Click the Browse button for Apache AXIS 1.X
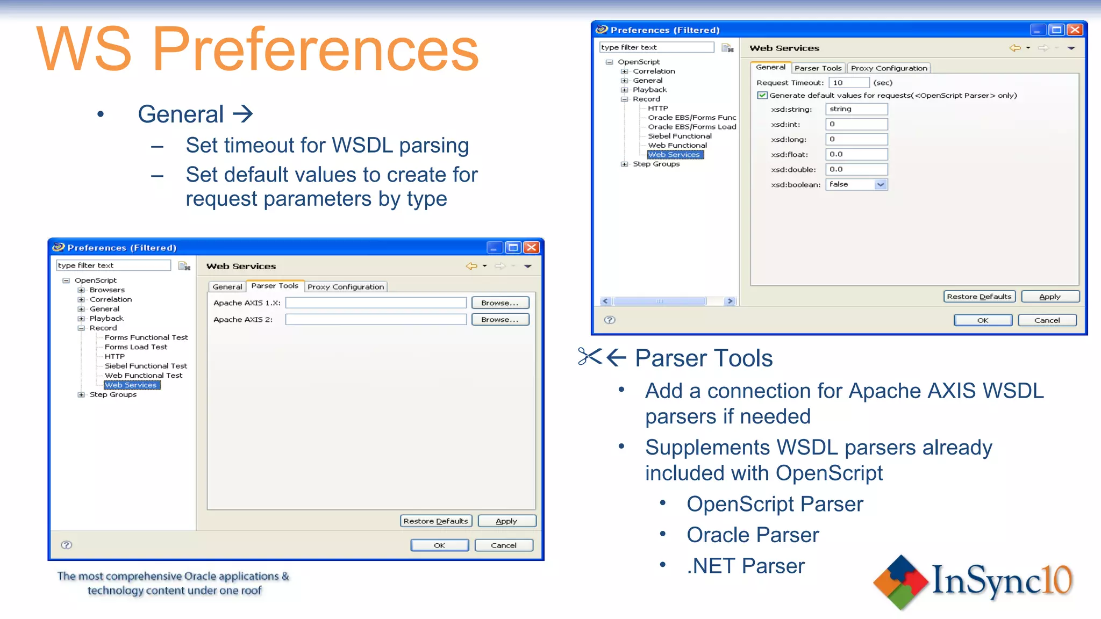(500, 303)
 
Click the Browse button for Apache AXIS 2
(500, 320)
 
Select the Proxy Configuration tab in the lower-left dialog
(346, 287)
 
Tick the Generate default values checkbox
(762, 96)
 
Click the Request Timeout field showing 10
(848, 83)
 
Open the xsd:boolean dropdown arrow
(881, 185)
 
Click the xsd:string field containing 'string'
(856, 109)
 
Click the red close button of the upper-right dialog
(1075, 30)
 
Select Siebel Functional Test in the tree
(146, 366)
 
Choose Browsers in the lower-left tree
(107, 290)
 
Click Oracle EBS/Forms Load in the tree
(691, 127)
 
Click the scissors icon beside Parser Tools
(590, 356)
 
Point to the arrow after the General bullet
(242, 114)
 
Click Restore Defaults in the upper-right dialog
(979, 297)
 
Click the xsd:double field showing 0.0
(856, 169)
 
